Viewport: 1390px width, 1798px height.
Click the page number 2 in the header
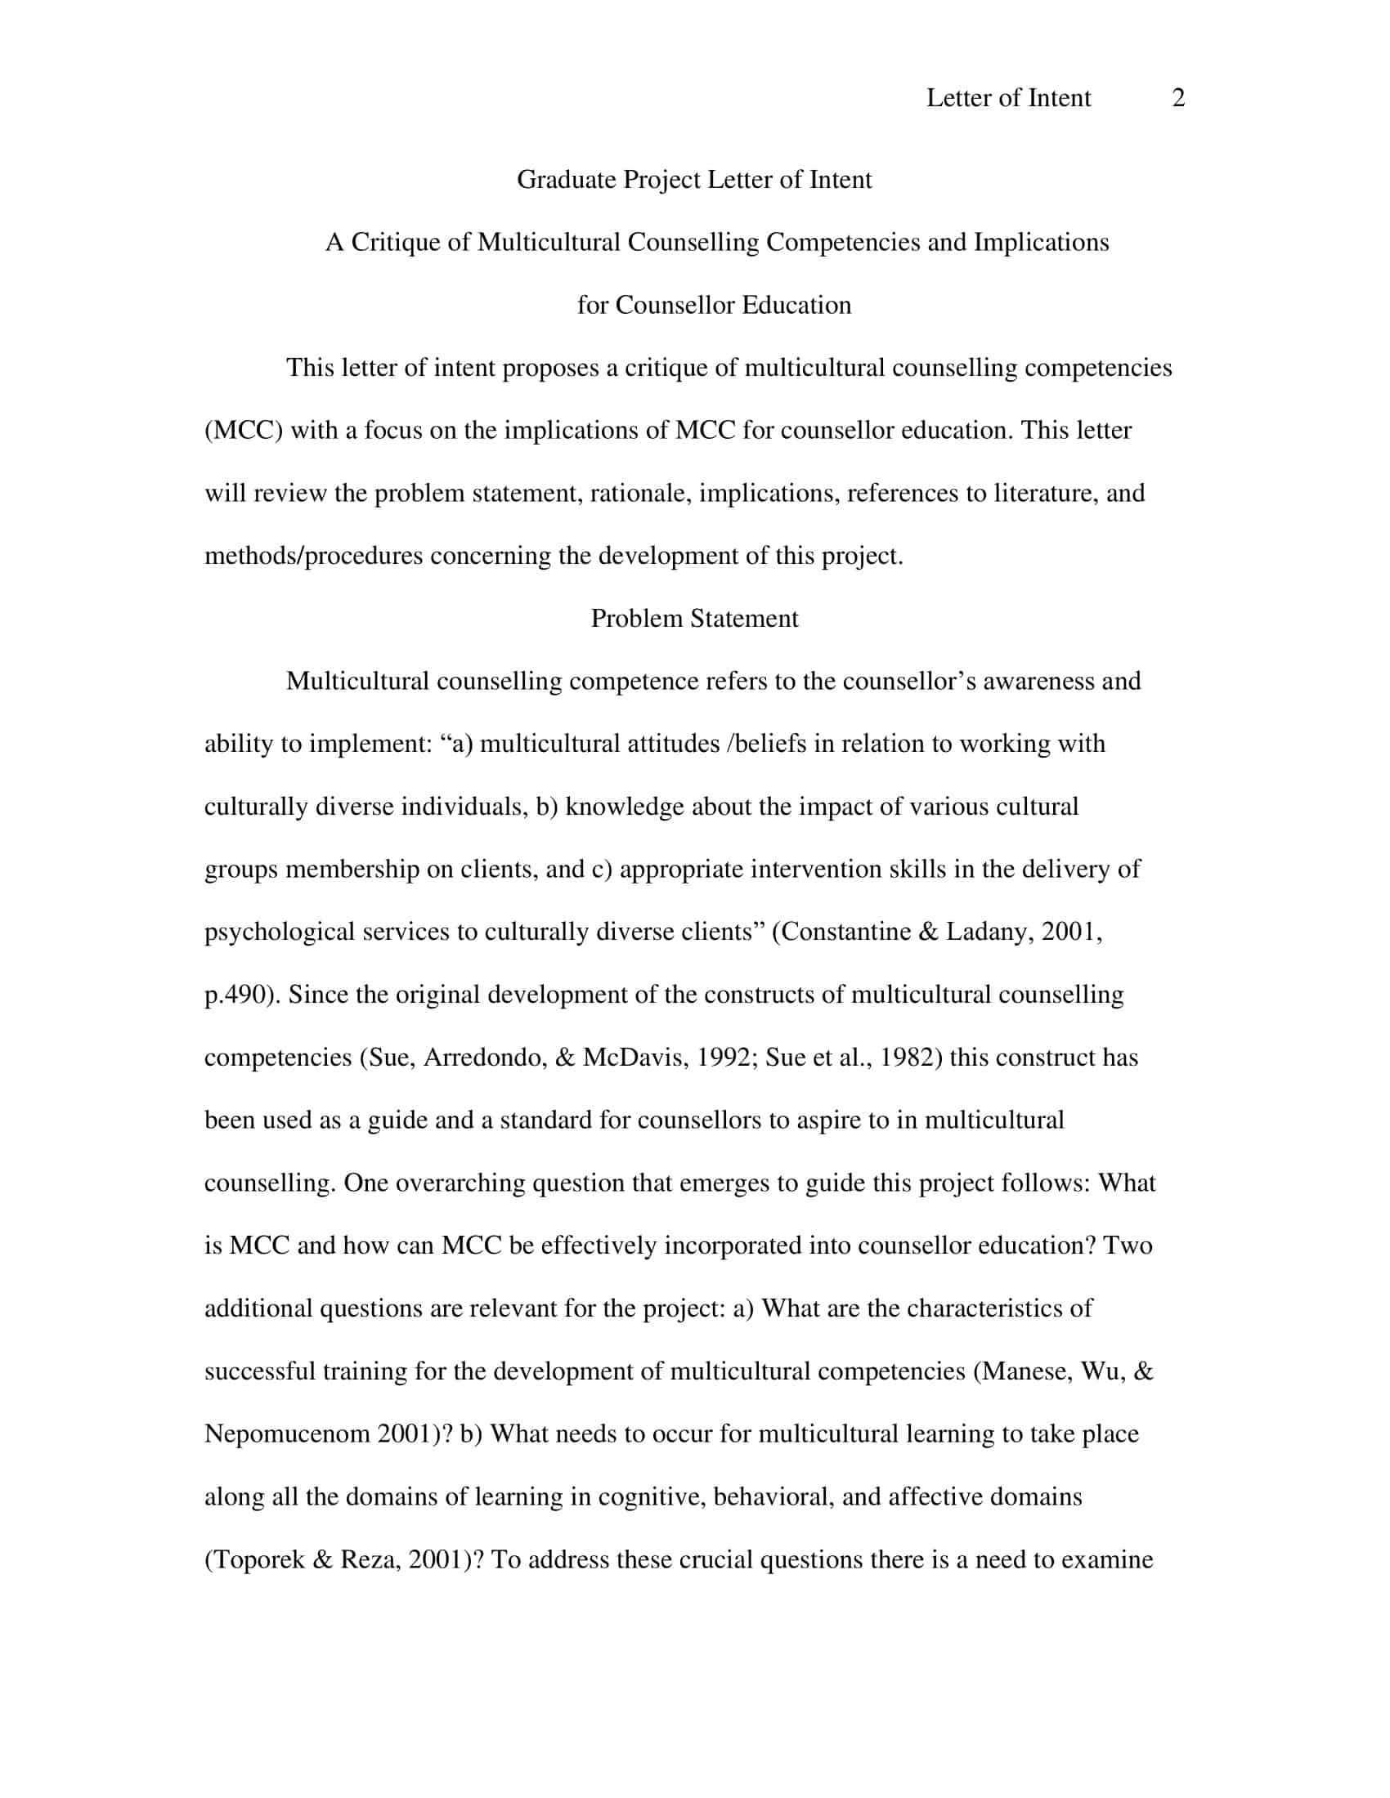pos(1177,98)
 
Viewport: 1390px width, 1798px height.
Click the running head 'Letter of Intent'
pos(1008,98)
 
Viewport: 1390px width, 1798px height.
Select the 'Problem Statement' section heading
pos(694,619)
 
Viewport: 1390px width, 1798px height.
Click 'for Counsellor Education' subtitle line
pos(714,306)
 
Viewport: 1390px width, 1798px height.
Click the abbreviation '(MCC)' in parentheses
pos(243,431)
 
